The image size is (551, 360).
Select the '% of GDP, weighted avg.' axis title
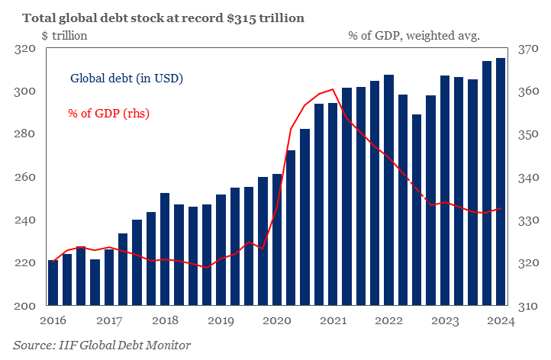click(414, 34)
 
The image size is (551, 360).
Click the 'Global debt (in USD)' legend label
click(127, 78)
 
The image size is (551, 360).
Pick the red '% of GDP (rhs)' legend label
click(108, 114)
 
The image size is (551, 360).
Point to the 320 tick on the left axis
click(26, 49)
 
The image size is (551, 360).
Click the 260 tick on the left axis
click(26, 177)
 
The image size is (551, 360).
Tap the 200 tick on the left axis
click(26, 306)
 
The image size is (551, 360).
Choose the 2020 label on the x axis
click(276, 321)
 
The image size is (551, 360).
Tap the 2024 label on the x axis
click(501, 321)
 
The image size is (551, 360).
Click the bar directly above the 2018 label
click(165, 249)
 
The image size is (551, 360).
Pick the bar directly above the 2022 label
click(388, 191)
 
